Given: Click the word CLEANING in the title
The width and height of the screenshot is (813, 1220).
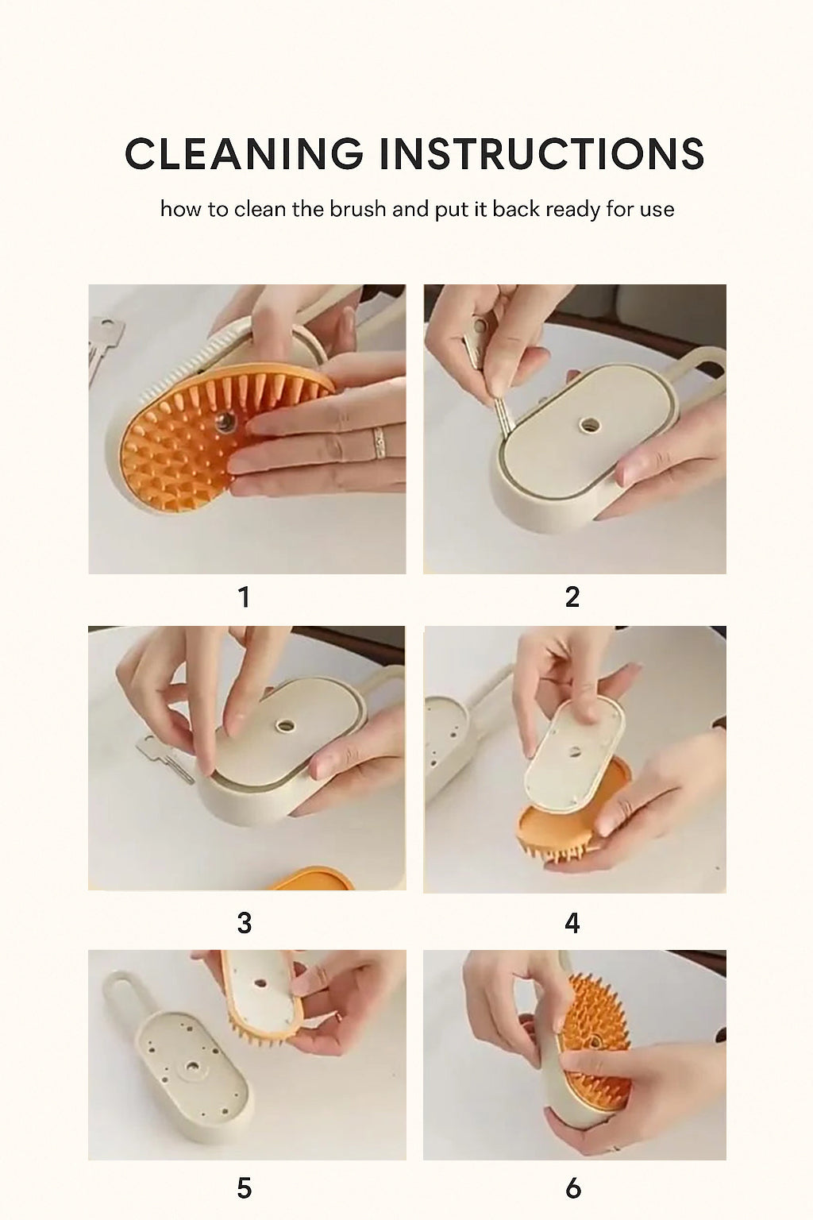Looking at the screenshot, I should [243, 153].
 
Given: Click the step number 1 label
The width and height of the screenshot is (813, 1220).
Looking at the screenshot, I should [244, 597].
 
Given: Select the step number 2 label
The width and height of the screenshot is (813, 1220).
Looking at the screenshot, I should [572, 597].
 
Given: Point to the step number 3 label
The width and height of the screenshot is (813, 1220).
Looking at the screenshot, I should [244, 923].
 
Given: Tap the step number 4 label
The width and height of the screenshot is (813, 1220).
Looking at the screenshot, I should [572, 923].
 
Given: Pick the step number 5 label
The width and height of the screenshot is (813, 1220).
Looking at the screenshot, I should [244, 1188].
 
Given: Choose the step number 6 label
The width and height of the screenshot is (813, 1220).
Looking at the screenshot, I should [572, 1188].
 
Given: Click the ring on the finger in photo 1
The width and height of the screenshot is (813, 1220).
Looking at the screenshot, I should [379, 440].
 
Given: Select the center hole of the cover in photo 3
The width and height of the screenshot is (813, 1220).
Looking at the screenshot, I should [282, 725].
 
